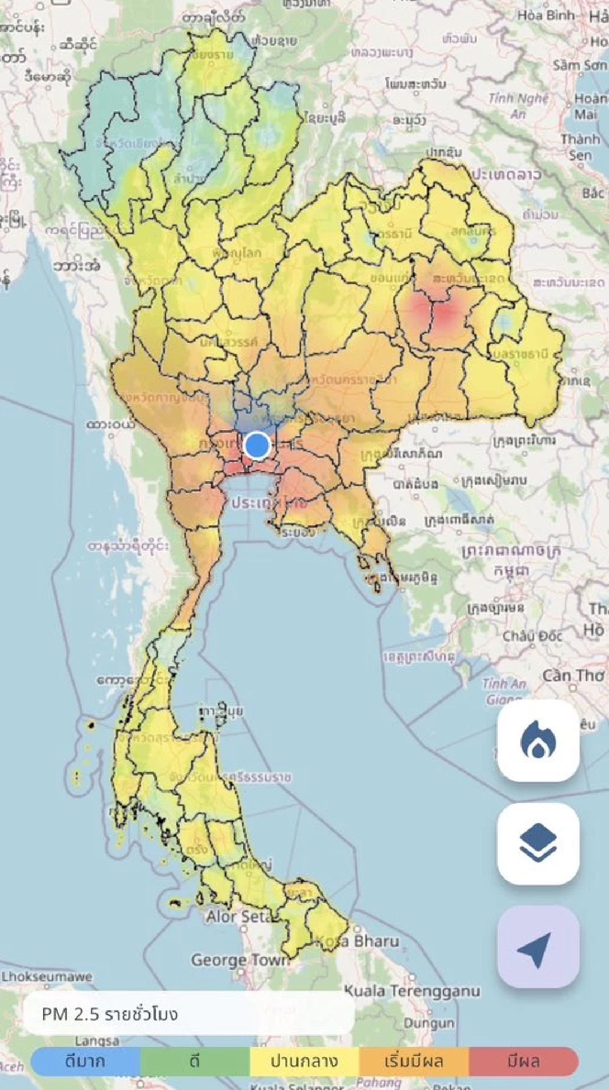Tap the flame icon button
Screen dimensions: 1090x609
(x=538, y=741)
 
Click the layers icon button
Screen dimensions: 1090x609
(x=538, y=843)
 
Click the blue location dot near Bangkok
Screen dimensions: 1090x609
(x=257, y=445)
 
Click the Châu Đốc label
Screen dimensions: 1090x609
(x=532, y=636)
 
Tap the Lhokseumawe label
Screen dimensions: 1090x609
(x=47, y=976)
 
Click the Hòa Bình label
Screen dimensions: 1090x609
(x=546, y=15)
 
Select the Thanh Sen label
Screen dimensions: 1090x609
(x=580, y=147)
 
